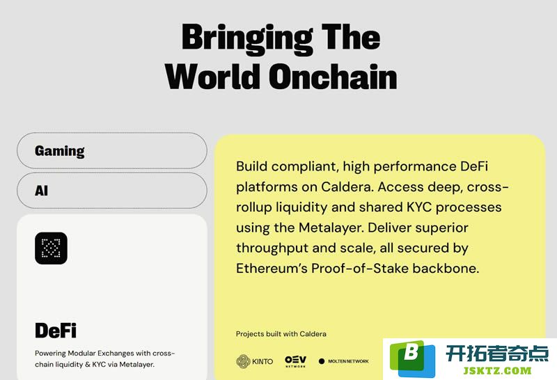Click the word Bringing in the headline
[247, 39]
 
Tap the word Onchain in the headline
[333, 77]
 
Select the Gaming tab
[112, 150]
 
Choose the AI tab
[112, 191]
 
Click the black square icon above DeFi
[51, 248]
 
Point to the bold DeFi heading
[56, 331]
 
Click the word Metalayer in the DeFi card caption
[136, 365]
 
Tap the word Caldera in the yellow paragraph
[347, 187]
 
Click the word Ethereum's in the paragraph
[272, 268]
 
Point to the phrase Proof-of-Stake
[360, 268]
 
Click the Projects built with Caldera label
[281, 334]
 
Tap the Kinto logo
[255, 361]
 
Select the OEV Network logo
[295, 361]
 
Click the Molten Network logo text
[348, 361]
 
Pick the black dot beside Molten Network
[322, 361]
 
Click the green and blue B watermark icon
[412, 358]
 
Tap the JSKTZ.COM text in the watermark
[497, 371]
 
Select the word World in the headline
[212, 77]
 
